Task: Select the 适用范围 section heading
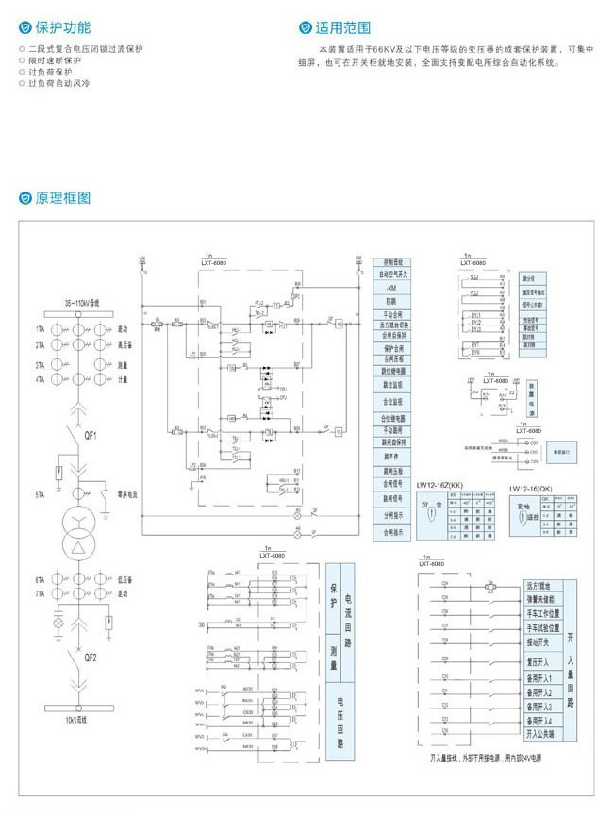point(340,28)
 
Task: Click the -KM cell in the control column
point(392,287)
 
